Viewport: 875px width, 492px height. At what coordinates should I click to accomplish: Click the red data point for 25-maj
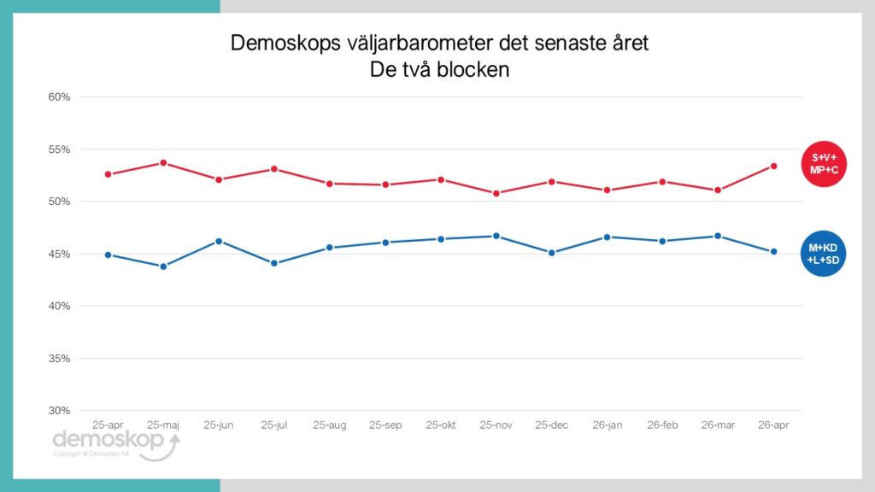(x=163, y=163)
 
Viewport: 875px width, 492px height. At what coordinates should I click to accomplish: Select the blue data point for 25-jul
(x=274, y=263)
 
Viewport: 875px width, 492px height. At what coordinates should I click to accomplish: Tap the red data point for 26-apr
(x=773, y=166)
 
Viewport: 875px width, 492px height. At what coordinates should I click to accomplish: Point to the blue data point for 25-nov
(x=496, y=236)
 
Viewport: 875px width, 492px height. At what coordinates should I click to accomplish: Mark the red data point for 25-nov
(x=496, y=193)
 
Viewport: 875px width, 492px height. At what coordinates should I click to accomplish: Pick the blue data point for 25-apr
(x=108, y=255)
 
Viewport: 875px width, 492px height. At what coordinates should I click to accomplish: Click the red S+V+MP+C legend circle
(x=824, y=162)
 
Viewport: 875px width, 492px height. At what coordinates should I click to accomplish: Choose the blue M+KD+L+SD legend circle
(x=824, y=254)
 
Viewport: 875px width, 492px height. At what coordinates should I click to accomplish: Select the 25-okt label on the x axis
(x=441, y=425)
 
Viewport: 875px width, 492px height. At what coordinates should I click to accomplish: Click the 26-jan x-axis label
(x=608, y=425)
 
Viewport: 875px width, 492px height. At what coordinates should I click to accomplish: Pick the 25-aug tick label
(x=330, y=425)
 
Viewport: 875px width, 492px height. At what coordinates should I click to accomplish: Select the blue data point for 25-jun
(x=219, y=241)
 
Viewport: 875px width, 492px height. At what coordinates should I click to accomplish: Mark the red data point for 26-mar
(x=718, y=190)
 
